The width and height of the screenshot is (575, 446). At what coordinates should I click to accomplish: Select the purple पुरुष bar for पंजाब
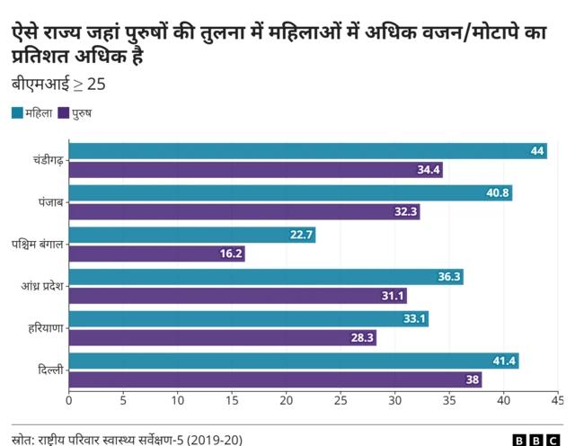(244, 212)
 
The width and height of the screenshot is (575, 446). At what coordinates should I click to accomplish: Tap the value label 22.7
(301, 236)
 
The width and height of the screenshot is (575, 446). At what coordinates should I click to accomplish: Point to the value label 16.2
(231, 254)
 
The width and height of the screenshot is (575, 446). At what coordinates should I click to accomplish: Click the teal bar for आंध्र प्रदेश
(266, 277)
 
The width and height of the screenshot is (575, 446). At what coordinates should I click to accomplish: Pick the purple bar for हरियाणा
(222, 338)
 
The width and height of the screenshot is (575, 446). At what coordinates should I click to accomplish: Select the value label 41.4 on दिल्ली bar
(504, 361)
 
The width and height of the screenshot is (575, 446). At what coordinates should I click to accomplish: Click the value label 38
(472, 380)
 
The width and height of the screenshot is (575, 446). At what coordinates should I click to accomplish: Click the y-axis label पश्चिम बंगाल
(37, 245)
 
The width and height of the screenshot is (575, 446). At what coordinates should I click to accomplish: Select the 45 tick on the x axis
(557, 399)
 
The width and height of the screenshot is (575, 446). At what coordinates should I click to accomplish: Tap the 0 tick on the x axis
(69, 399)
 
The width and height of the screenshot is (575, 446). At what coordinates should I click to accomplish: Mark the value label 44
(537, 151)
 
